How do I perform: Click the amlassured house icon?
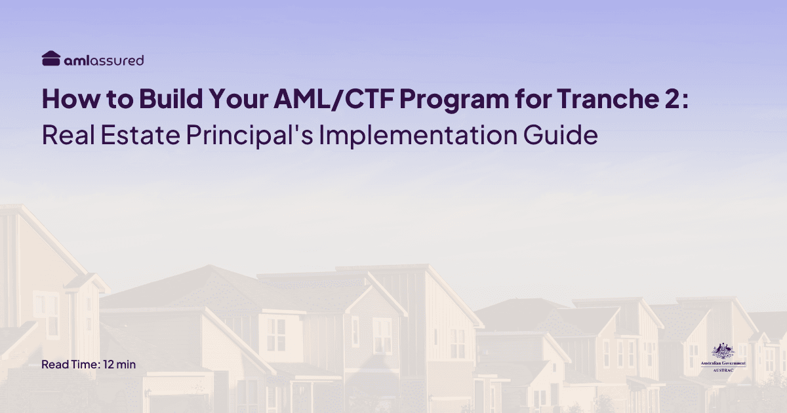click(x=51, y=59)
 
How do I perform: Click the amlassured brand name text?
click(x=104, y=60)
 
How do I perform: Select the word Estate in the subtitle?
click(x=145, y=135)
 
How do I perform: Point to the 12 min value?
click(x=119, y=364)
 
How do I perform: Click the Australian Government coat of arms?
click(x=723, y=350)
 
